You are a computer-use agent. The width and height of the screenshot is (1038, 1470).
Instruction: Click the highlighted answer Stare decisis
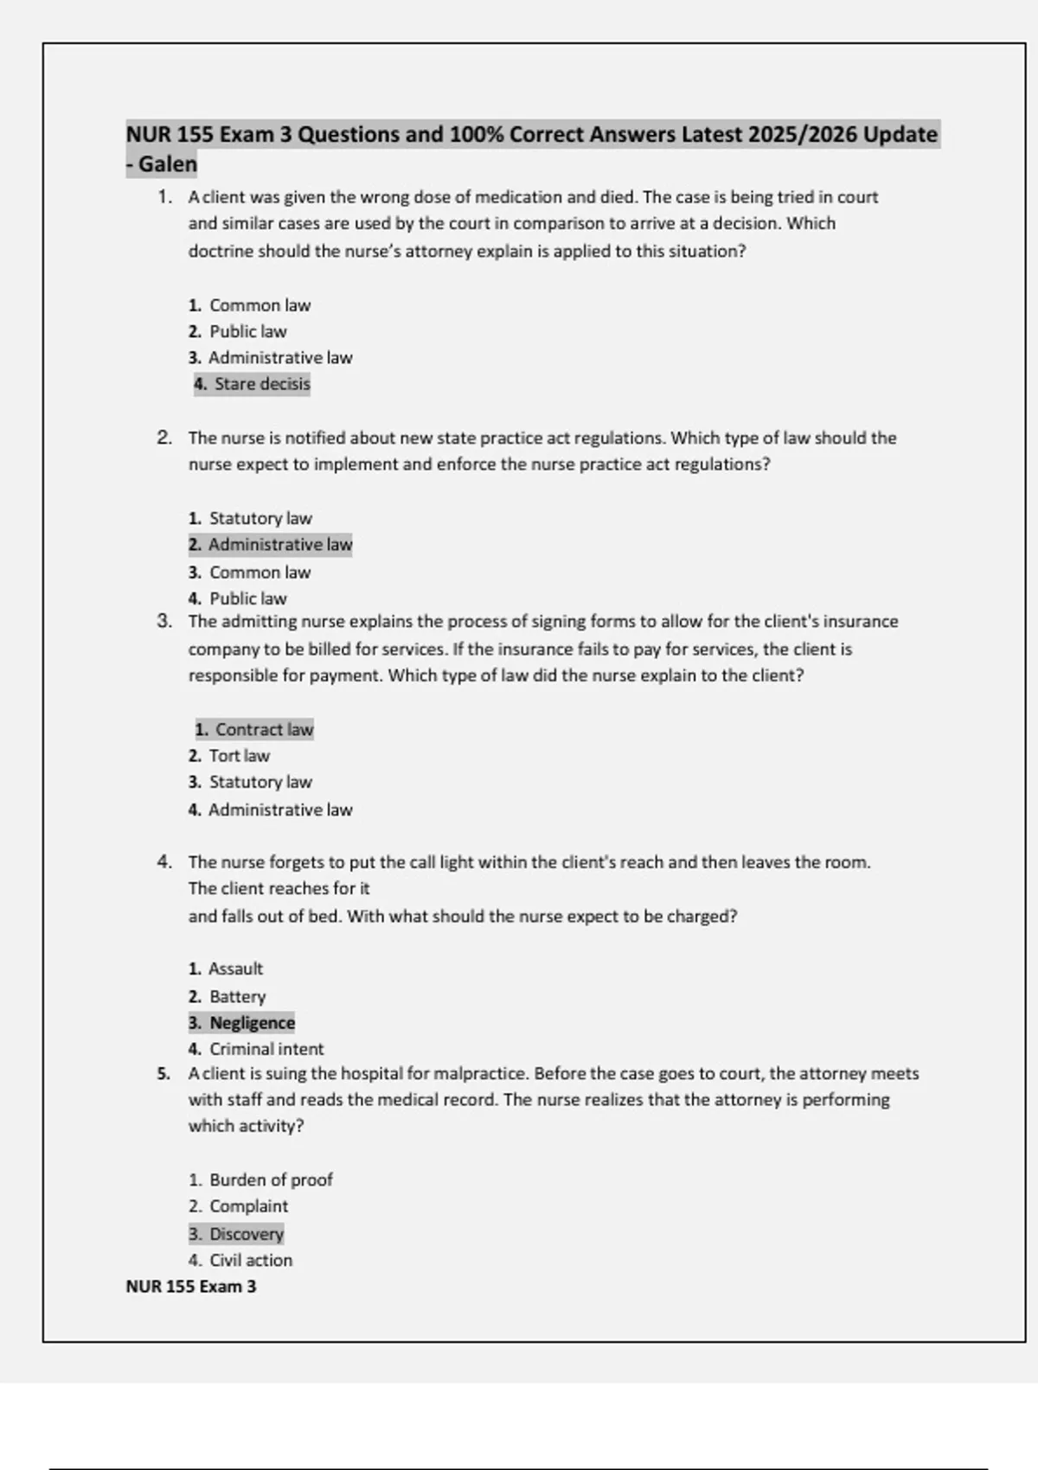tap(252, 384)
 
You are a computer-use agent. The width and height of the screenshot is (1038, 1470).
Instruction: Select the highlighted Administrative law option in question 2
tap(271, 545)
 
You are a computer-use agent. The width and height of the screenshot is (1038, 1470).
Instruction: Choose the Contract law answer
tap(254, 730)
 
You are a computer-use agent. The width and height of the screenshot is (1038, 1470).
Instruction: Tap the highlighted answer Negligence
tap(242, 1023)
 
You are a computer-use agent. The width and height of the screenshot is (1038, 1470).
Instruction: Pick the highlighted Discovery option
tap(237, 1234)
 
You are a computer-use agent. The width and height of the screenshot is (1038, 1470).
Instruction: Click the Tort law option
tap(230, 756)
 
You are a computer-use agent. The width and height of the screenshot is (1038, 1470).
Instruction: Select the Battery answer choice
tap(227, 996)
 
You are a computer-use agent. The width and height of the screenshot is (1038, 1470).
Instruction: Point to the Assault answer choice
tap(226, 968)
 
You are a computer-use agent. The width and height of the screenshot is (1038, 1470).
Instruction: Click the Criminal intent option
tap(257, 1049)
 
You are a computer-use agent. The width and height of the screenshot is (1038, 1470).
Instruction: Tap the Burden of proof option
tap(261, 1179)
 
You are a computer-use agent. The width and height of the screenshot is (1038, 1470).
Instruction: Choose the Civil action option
tap(241, 1260)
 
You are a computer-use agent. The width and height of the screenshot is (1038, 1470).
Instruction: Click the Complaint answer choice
tap(239, 1205)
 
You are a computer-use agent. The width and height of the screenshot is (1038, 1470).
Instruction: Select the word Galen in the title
tap(168, 163)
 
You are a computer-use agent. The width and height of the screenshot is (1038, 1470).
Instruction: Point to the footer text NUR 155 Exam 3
tap(191, 1287)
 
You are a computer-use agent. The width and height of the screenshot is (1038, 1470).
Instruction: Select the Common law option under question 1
tap(250, 305)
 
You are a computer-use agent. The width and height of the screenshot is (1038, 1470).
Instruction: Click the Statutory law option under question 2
tap(251, 518)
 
